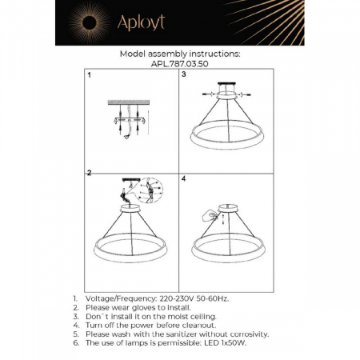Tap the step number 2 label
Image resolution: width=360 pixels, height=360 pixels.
click(90, 173)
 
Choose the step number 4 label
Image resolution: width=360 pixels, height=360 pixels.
click(184, 178)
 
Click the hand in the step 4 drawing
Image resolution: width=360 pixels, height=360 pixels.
click(211, 214)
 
